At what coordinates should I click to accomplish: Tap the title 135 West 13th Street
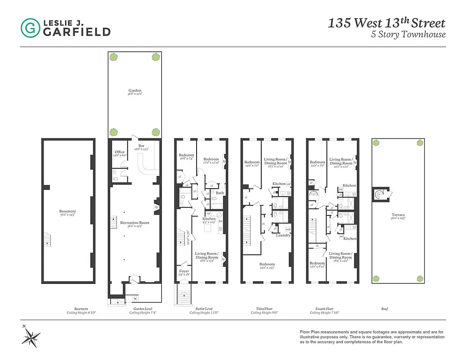(x=386, y=23)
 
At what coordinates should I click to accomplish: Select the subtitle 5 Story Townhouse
(x=408, y=35)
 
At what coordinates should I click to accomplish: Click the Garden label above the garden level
(x=134, y=91)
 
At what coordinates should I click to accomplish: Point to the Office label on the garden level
(x=119, y=152)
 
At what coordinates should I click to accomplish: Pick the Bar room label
(x=141, y=146)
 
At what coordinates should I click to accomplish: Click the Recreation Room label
(x=134, y=223)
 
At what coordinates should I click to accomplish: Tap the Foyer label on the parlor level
(x=184, y=271)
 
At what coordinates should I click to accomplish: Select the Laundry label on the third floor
(x=283, y=235)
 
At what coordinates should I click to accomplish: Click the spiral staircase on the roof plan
(x=378, y=195)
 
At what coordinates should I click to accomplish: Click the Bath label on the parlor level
(x=220, y=193)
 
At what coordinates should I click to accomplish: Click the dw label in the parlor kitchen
(x=220, y=221)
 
